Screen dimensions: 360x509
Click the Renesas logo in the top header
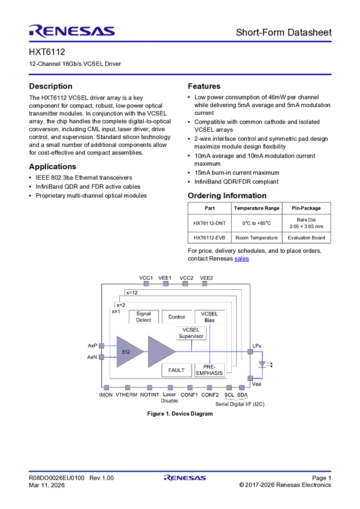(x=72, y=31)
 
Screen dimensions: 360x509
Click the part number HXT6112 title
(x=47, y=52)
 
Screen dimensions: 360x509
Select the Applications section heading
(x=53, y=166)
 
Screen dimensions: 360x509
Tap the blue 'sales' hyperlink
(x=241, y=259)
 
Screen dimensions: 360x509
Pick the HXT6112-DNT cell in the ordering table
(x=210, y=223)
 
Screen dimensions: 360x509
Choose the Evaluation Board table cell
(x=306, y=238)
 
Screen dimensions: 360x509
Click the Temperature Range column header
(x=256, y=208)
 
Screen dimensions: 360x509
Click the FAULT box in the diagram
(x=177, y=370)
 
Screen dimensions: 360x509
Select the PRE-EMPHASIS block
(x=210, y=370)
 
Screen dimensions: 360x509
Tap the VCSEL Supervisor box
(x=191, y=333)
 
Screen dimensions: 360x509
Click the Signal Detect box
(x=144, y=317)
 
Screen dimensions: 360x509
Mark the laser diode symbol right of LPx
(x=262, y=364)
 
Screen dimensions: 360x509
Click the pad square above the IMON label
(x=106, y=387)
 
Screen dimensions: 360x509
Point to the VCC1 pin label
(x=146, y=278)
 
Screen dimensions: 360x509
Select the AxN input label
(x=92, y=357)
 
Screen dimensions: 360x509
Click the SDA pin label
(x=242, y=395)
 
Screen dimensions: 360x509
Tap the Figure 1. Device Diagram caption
(x=180, y=414)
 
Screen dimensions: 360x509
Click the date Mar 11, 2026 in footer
(x=47, y=485)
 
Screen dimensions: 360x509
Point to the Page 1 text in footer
(x=322, y=478)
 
